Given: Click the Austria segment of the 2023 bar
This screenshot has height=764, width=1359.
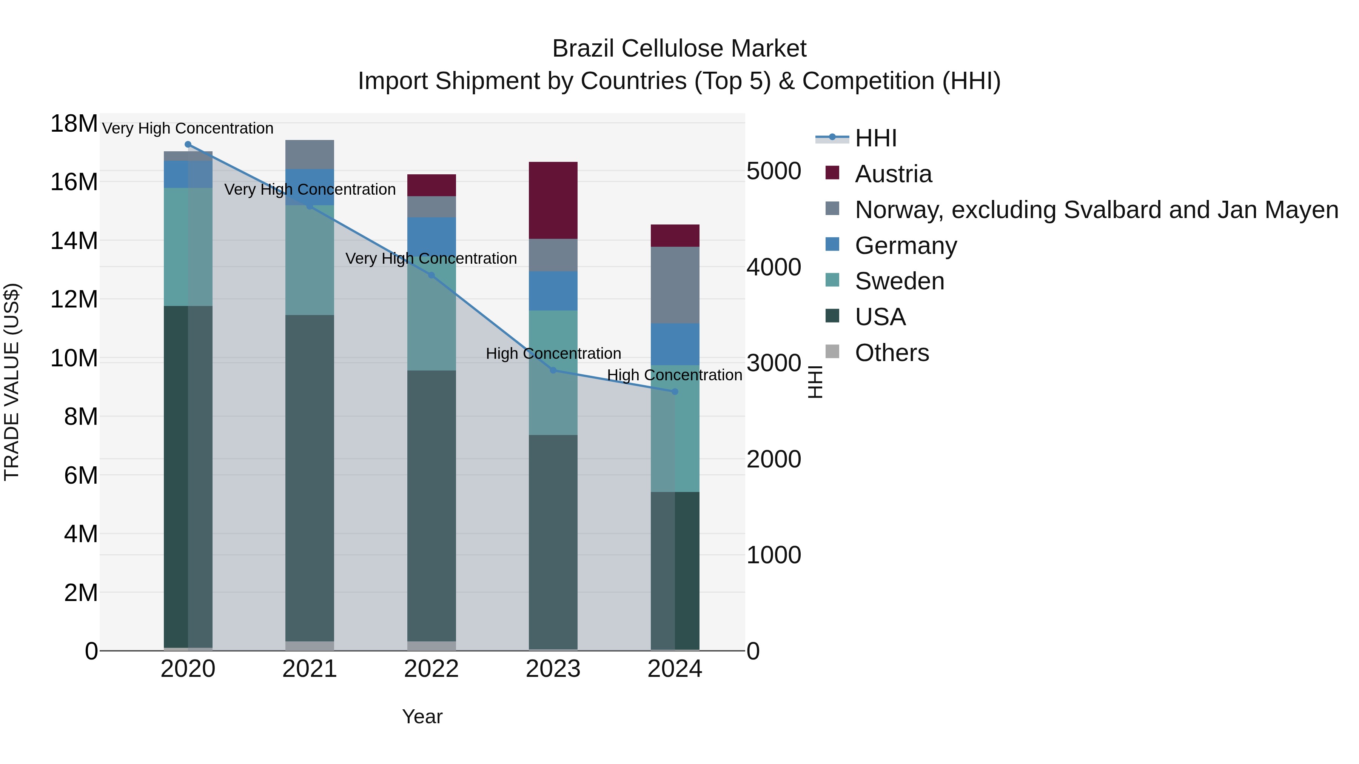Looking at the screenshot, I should coord(553,200).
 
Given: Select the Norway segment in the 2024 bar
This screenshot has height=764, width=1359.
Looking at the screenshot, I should coord(675,285).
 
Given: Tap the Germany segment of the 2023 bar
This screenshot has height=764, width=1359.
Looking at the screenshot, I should coord(553,291).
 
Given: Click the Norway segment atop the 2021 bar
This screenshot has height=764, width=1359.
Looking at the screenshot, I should coord(310,154).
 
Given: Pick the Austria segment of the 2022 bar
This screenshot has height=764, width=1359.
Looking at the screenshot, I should coord(431,185).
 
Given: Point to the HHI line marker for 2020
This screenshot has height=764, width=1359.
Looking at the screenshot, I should coord(188,144).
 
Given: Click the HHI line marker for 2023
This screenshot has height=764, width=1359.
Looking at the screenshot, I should coord(553,370).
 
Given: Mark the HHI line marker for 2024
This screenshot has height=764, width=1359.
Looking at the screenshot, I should coord(675,392).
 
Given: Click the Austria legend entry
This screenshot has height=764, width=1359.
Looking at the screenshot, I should coord(893,174).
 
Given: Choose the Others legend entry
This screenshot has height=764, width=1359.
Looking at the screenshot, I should coord(892,353).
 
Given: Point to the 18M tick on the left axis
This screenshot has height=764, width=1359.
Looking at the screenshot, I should coord(74,124).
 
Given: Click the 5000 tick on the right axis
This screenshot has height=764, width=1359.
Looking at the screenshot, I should coord(773,171).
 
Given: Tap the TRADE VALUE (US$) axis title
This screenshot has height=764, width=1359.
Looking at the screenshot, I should coord(12,382).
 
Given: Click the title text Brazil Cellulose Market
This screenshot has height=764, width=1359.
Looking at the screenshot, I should coord(679,49).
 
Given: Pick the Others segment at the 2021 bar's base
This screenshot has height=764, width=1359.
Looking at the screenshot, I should coord(310,646).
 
